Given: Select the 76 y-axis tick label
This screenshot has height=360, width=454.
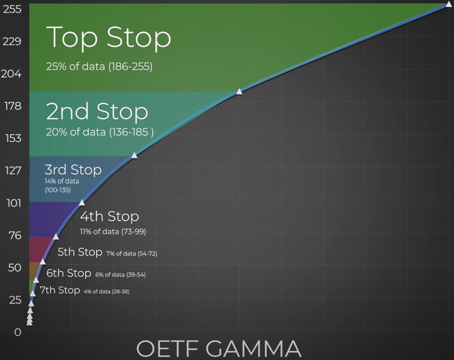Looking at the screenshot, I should [14, 235].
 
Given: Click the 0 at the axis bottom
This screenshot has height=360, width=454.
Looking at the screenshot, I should [18, 332].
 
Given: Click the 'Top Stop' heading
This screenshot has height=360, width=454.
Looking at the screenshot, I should [108, 37].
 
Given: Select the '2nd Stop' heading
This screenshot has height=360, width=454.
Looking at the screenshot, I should [97, 112].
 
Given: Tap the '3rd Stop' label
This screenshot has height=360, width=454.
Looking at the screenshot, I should [73, 170].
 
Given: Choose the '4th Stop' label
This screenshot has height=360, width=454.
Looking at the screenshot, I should [109, 216].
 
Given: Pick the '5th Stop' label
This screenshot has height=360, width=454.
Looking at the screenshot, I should [79, 252].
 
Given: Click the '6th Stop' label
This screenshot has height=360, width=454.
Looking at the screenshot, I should [69, 274].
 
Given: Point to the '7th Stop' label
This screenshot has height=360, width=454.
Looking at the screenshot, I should [60, 291].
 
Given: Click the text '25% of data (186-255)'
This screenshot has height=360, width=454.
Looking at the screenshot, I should [99, 66].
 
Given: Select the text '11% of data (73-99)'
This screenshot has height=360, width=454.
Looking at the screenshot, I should [113, 231].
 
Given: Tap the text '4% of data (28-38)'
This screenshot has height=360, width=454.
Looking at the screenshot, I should [106, 291].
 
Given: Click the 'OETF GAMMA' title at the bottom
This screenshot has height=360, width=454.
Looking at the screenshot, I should [219, 348].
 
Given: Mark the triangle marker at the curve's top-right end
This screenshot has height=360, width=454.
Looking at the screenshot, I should [448, 4].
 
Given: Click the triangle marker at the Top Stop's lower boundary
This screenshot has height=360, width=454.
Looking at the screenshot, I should [239, 91].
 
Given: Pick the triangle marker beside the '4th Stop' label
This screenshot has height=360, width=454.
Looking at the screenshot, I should [82, 202].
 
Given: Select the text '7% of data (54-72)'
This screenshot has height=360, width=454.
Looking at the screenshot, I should [131, 253].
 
